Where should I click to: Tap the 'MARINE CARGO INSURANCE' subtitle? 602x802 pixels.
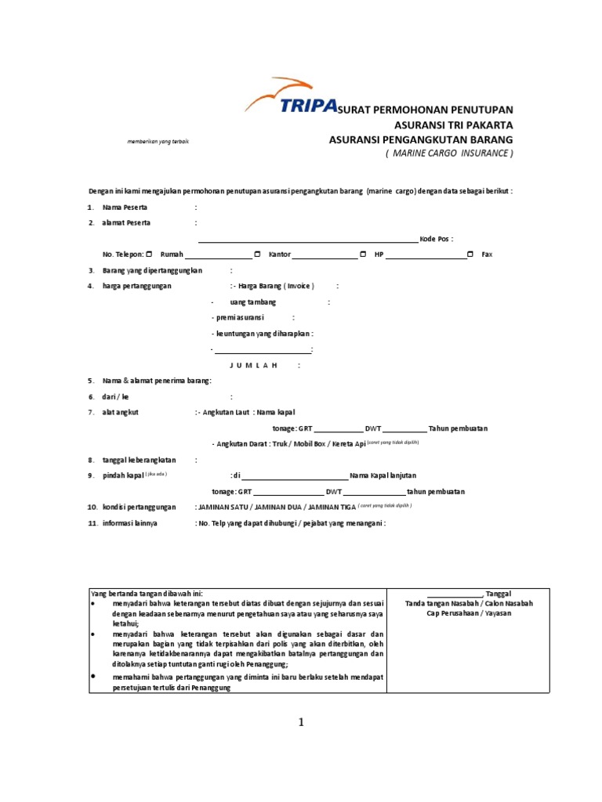448,154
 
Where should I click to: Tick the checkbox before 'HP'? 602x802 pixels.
363,255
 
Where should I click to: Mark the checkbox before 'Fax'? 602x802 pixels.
470,255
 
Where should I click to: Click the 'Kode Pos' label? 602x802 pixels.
436,239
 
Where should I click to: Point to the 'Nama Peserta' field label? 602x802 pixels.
125,208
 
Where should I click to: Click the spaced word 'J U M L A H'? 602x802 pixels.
253,365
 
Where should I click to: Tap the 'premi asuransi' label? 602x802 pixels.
240,317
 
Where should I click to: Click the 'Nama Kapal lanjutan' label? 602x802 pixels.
383,475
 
